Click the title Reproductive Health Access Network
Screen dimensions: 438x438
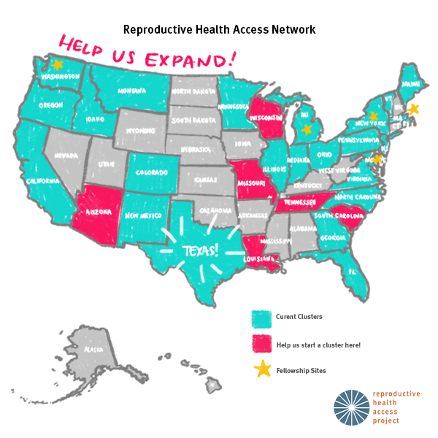219,29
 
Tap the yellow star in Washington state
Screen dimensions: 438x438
57,65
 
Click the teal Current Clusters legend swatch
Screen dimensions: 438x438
261,318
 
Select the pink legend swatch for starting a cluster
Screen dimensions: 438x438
261,344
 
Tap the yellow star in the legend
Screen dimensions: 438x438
261,369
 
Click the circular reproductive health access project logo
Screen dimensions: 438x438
352,407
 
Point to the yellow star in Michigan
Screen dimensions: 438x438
307,129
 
